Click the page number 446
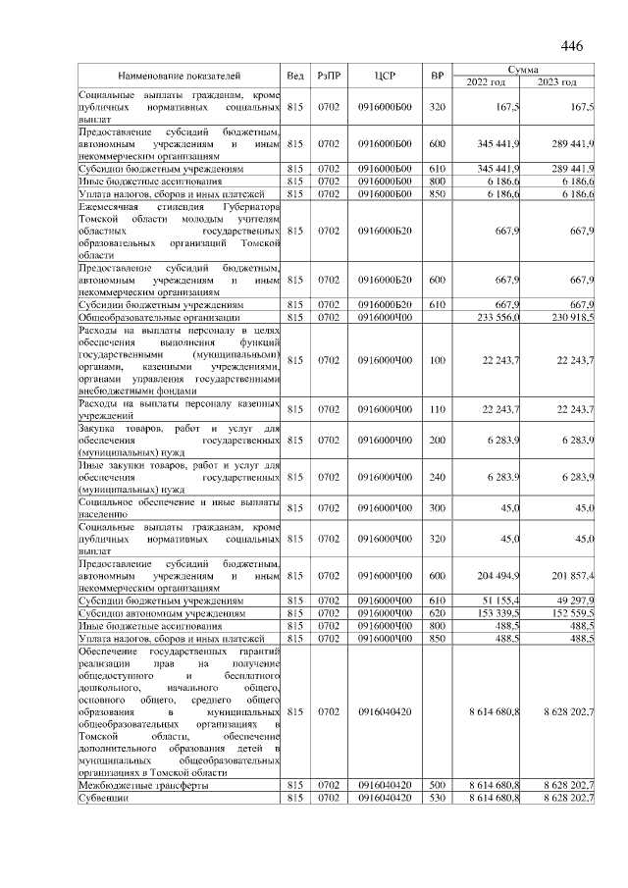point(571,47)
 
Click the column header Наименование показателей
point(180,76)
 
